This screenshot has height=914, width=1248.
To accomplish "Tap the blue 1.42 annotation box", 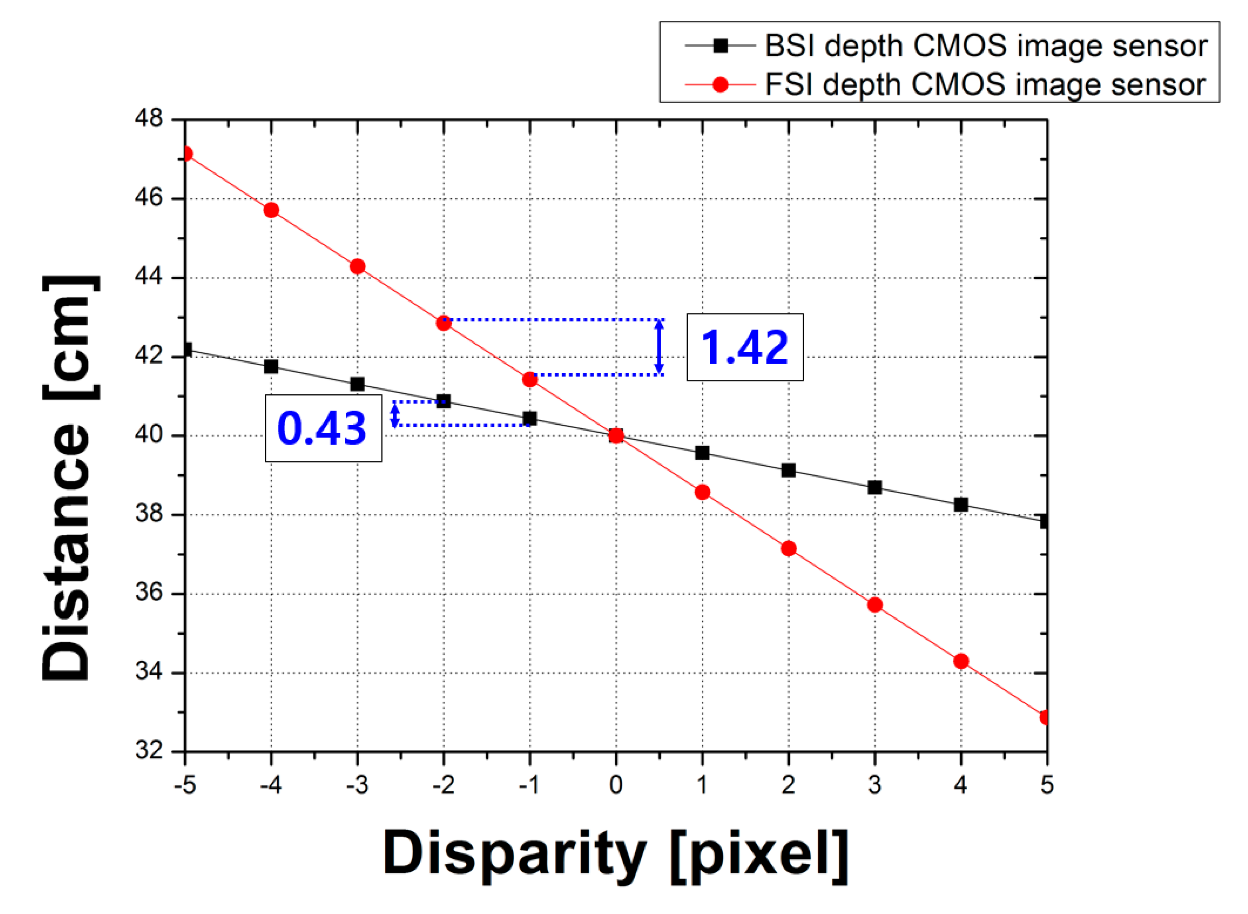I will tap(744, 347).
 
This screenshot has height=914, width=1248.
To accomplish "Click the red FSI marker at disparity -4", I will tap(271, 210).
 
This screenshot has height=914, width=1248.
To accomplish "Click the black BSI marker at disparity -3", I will tap(357, 384).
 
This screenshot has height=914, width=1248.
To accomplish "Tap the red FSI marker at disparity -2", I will tap(444, 323).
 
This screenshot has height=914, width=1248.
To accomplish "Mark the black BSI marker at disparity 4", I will tap(961, 504).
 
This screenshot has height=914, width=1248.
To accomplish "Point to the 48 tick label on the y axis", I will tap(149, 118).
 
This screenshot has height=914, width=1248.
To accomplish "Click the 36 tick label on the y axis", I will tap(149, 593).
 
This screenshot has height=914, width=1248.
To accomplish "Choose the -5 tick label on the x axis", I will tap(185, 785).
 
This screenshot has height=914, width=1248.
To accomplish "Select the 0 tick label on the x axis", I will tap(616, 785).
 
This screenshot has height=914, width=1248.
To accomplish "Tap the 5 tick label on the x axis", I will tap(1047, 785).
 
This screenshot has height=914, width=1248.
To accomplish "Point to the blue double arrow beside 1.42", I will tap(658, 347).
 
